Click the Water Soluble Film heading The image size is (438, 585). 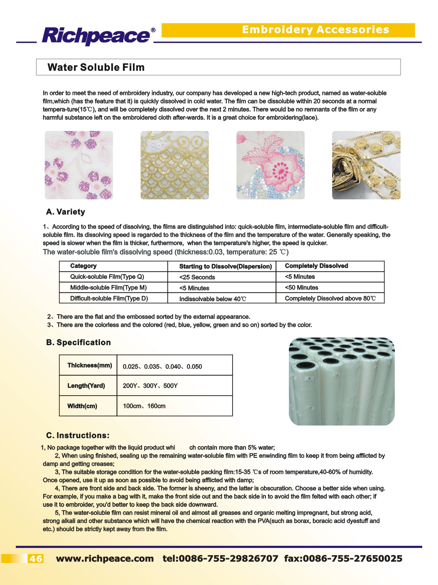pyautogui.click(x=96, y=67)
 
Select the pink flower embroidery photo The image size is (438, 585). pyautogui.click(x=270, y=165)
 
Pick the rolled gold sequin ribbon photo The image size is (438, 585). pyautogui.click(x=366, y=165)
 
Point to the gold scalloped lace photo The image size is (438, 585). pyautogui.click(x=175, y=165)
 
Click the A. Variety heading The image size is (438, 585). pyautogui.click(x=66, y=212)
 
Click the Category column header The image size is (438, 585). pyautogui.click(x=83, y=266)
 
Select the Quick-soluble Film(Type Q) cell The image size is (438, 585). pyautogui.click(x=107, y=277)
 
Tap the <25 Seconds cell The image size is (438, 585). pyautogui.click(x=197, y=277)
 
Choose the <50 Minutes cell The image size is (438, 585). pyautogui.click(x=302, y=288)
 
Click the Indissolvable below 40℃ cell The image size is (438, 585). pyautogui.click(x=213, y=299)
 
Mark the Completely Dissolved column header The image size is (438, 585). pyautogui.click(x=316, y=266)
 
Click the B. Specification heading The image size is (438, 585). pyautogui.click(x=79, y=342)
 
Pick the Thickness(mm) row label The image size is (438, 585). pyautogui.click(x=90, y=365)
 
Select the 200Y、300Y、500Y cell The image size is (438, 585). pyautogui.click(x=150, y=386)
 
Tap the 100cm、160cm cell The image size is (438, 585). pyautogui.click(x=144, y=406)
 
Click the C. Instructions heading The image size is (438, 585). pyautogui.click(x=78, y=435)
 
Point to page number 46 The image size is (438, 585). pyautogui.click(x=35, y=559)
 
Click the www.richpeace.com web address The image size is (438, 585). pyautogui.click(x=105, y=559)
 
